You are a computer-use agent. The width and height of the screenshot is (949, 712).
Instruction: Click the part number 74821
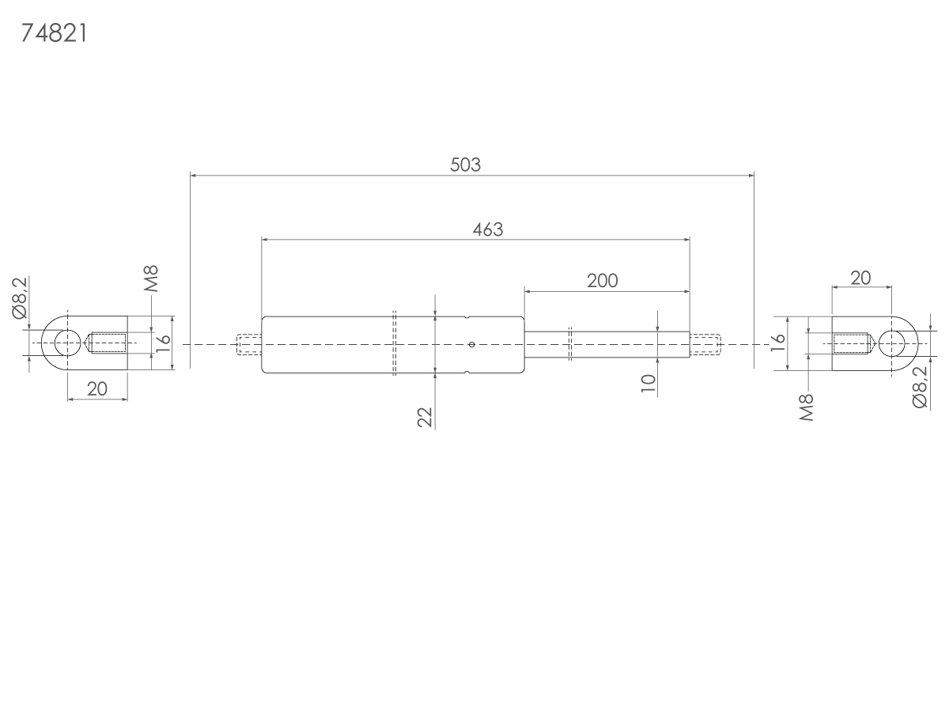coord(54,33)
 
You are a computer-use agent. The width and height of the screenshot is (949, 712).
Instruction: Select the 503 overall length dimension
coord(465,165)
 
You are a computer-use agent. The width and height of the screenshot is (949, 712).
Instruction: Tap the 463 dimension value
coord(488,229)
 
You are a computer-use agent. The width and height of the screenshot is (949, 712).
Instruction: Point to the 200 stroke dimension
coord(603,281)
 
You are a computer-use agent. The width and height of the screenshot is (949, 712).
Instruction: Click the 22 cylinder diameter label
coord(425,417)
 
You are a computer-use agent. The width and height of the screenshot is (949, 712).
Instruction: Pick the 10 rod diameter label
coord(648,384)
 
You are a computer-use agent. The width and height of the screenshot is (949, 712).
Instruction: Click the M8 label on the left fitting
coord(151,278)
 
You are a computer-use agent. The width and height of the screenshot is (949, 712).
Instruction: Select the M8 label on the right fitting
coord(807,407)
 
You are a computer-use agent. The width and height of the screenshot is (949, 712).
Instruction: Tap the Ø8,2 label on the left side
coord(20,298)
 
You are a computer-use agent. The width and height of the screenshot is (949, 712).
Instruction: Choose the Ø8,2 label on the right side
coord(920,388)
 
